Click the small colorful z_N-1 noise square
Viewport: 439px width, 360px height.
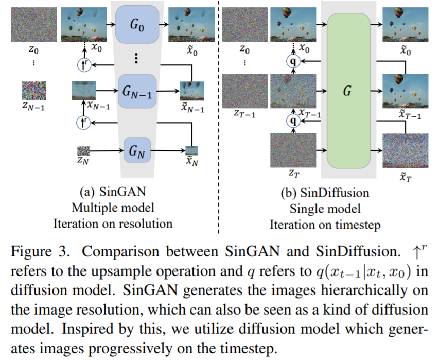click(33, 91)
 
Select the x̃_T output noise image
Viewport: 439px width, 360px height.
click(405, 150)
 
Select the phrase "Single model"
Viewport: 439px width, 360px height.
click(324, 209)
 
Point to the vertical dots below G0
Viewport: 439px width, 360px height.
click(136, 58)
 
